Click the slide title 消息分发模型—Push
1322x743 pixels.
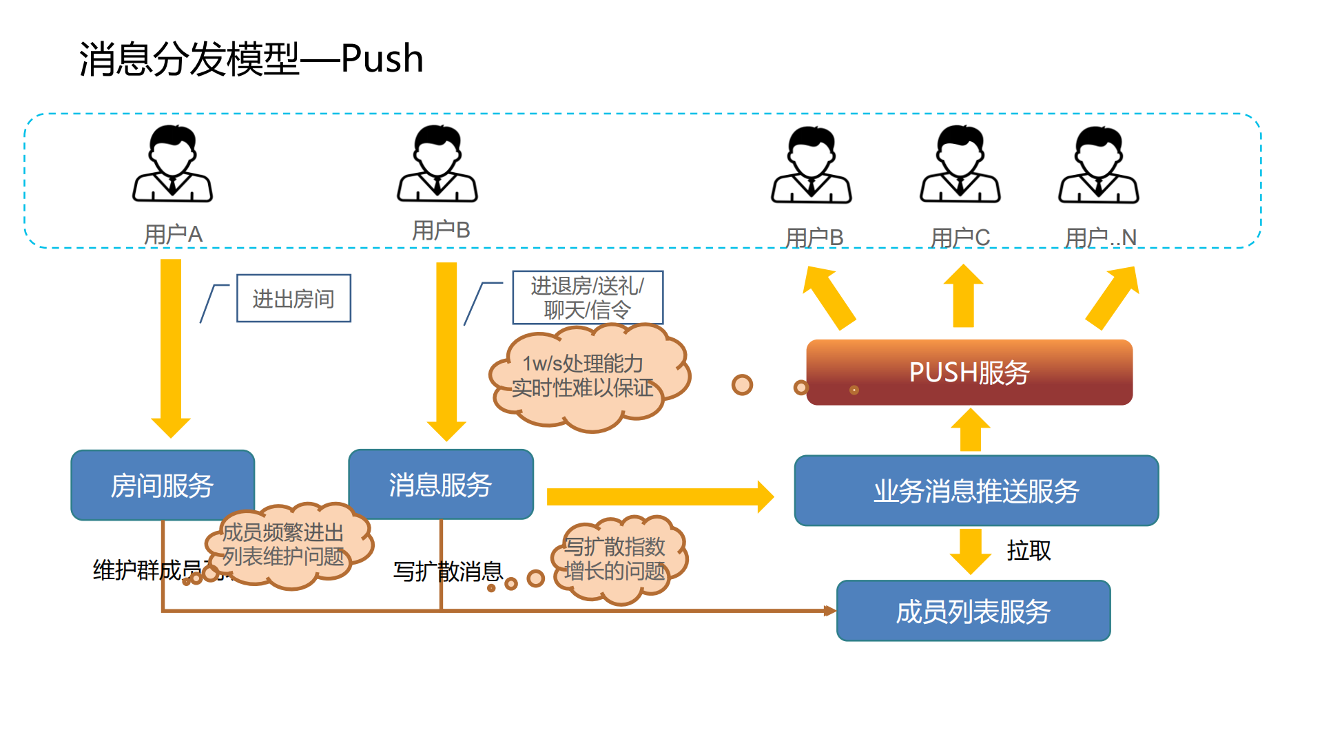[x=251, y=59]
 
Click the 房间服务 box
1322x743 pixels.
[x=163, y=485]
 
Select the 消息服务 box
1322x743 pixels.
[x=440, y=484]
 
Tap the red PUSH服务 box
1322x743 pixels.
[x=969, y=372]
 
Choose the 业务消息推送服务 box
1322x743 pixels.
[x=975, y=490]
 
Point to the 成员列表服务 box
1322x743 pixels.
[x=973, y=611]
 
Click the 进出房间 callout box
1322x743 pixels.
[x=293, y=298]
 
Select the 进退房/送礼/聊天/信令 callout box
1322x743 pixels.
[x=587, y=297]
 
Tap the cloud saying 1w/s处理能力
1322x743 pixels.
[x=586, y=376]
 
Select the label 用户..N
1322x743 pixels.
[x=1100, y=238]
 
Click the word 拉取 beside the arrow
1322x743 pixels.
[x=1029, y=550]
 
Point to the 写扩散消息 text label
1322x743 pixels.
[x=448, y=571]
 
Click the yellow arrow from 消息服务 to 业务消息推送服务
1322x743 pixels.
[x=658, y=496]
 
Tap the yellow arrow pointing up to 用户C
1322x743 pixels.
[x=963, y=296]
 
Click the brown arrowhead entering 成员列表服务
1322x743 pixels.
[x=829, y=610]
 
